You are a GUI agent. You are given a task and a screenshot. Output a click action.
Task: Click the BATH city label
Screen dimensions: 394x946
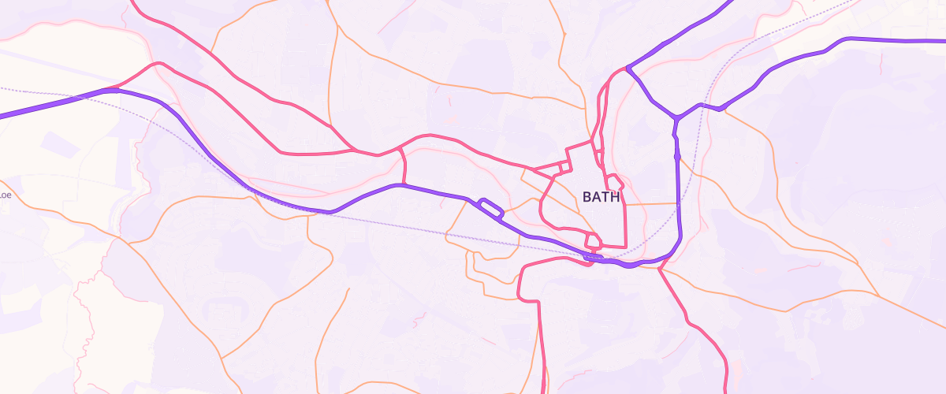pos(601,197)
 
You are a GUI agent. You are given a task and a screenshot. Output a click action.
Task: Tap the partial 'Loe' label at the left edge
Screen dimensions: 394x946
pos(5,195)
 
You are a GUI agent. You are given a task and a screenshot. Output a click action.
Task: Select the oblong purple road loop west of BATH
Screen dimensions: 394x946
pos(490,208)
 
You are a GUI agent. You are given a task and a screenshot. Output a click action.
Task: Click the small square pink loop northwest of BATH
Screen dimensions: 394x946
pos(564,167)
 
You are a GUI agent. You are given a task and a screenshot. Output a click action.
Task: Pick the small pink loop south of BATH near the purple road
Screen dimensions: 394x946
pos(592,240)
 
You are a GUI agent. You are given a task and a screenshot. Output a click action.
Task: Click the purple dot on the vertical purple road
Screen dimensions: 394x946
pos(677,156)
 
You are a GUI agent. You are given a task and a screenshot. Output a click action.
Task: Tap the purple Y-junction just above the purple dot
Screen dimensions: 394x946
pos(676,119)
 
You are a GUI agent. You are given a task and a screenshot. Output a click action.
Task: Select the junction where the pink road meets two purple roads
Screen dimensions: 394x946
pos(627,69)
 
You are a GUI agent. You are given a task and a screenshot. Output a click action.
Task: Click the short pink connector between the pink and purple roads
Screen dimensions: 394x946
pos(404,165)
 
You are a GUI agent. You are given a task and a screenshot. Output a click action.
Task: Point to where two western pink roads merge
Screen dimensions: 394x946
pos(352,149)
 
